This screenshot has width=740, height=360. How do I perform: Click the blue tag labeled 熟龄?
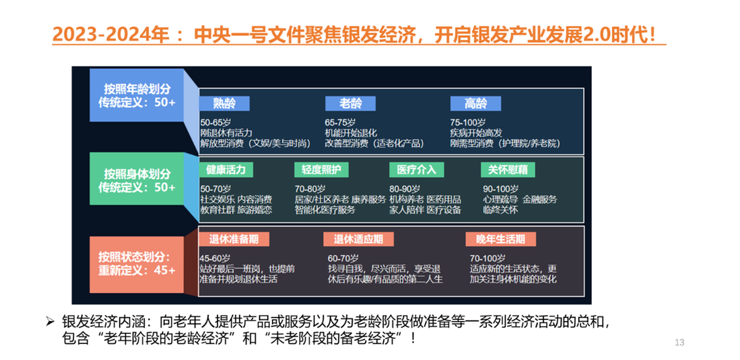[x=224, y=103]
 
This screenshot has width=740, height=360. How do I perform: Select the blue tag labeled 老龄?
[x=350, y=103]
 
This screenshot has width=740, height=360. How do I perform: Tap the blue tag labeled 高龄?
[x=476, y=103]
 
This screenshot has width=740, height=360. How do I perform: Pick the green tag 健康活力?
[x=226, y=169]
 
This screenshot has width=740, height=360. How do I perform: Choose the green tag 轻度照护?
[x=321, y=169]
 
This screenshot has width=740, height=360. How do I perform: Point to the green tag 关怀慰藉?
[x=508, y=169]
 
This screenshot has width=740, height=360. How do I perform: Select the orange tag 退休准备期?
[x=234, y=239]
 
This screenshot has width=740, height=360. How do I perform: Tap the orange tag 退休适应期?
[x=358, y=239]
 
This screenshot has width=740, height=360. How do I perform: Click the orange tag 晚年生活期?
[x=501, y=239]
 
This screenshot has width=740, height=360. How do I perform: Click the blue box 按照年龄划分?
[x=137, y=95]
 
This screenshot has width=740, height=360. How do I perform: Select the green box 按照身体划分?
[x=137, y=179]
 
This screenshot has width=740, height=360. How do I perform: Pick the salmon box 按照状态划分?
[x=137, y=264]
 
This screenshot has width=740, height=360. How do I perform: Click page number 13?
[x=680, y=342]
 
